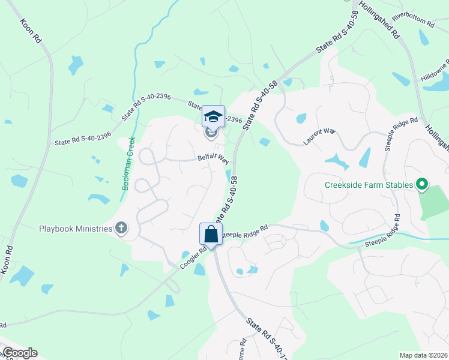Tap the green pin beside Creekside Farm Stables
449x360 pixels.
coord(422,184)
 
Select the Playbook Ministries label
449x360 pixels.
coord(76,228)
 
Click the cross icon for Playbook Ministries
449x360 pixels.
coord(121,227)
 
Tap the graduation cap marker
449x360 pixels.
coord(213,116)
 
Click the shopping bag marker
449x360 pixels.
coord(211,233)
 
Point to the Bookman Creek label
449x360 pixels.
coord(129,163)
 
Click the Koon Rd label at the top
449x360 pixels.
coord(31,30)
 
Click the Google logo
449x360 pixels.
coord(20,353)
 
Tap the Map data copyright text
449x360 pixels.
coord(423,355)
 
